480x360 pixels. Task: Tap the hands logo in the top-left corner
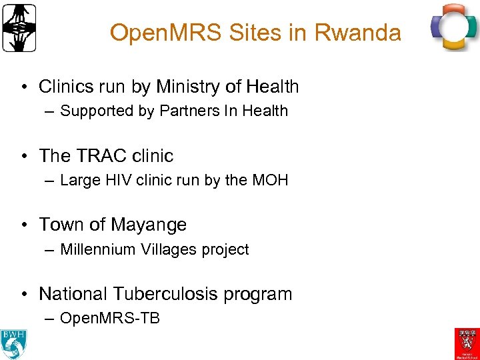[x=19, y=28]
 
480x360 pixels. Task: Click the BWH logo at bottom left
[x=13, y=342]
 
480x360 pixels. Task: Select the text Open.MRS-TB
[x=110, y=318]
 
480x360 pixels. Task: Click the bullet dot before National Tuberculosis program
[x=23, y=294]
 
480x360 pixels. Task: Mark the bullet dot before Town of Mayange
[x=23, y=225]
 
